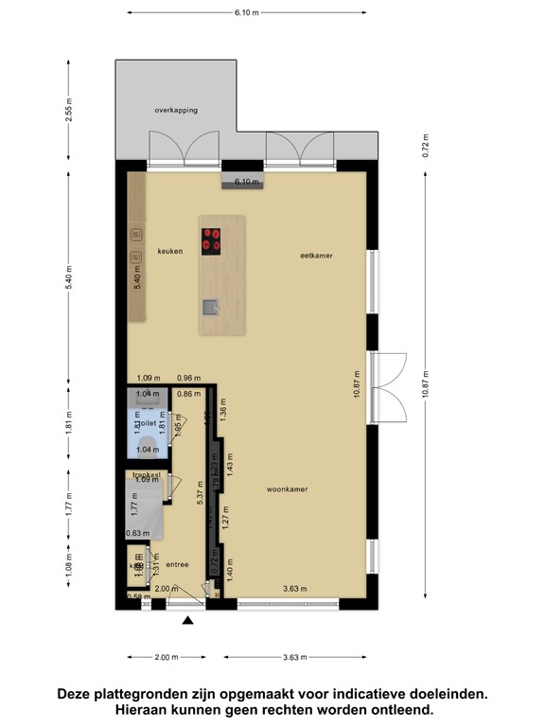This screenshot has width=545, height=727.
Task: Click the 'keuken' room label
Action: [170, 252]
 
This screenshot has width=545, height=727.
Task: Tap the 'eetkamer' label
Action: [317, 256]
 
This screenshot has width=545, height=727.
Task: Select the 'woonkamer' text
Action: [288, 489]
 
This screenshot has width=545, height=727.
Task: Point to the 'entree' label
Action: [177, 565]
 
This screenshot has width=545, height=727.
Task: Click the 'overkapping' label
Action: [177, 111]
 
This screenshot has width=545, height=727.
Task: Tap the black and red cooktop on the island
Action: [211, 240]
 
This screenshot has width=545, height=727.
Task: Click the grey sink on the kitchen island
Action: [209, 306]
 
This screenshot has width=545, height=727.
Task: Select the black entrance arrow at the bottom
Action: [188, 621]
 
